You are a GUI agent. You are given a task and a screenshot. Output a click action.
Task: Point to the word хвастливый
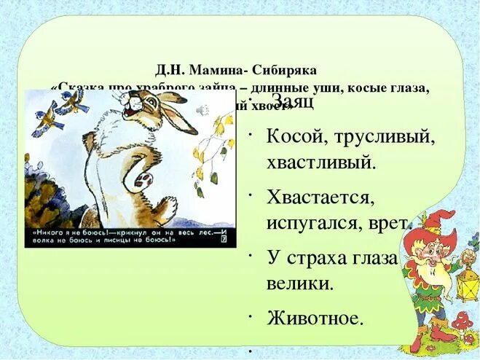tap(321, 161)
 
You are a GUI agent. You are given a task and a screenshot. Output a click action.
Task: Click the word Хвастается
tap(320, 197)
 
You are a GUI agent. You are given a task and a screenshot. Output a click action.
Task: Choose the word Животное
tap(315, 318)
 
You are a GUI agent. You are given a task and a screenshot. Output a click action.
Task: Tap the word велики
tap(299, 282)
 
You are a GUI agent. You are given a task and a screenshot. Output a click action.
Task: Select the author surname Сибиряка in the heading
tap(285, 70)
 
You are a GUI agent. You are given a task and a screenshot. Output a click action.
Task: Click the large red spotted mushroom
tap(463, 321)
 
